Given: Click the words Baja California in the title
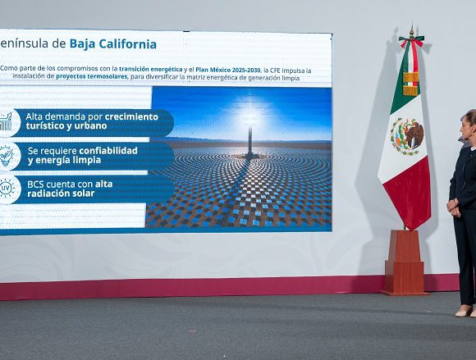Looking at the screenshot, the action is [x=113, y=44].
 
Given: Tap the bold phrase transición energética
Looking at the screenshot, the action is [x=150, y=70].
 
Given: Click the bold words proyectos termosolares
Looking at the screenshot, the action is [x=91, y=76].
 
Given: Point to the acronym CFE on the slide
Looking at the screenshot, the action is [x=275, y=71].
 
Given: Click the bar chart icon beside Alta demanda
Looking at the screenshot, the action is [x=6, y=122].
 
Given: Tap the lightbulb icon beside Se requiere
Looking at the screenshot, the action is [x=6, y=156].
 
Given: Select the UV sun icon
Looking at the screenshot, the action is [x=6, y=189].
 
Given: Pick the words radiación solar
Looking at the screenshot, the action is [x=61, y=194].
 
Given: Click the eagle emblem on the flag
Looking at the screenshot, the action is [x=408, y=136].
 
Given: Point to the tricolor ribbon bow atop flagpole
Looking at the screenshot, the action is [x=411, y=41].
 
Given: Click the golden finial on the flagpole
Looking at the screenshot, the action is [x=412, y=31].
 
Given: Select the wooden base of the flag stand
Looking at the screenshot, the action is [x=404, y=262].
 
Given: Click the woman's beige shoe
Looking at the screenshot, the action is [x=465, y=311].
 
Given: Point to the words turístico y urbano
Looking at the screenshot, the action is [x=66, y=125].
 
